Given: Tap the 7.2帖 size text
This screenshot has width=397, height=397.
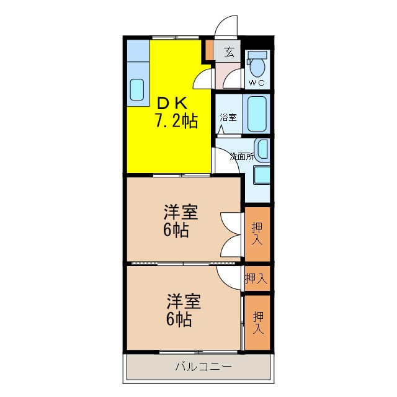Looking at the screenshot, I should click(176, 121).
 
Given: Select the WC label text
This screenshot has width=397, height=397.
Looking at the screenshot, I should click(256, 83).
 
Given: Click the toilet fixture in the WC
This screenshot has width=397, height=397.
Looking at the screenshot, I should click(256, 64).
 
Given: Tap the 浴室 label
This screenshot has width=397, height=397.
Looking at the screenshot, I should click(228, 117).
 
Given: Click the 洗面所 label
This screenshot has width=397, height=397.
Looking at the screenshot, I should click(242, 156).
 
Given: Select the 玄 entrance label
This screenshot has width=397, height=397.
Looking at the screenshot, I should click(229, 52).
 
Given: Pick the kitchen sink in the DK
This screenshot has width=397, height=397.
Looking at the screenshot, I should click(136, 90).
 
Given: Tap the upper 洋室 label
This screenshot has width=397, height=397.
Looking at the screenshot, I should click(181, 213).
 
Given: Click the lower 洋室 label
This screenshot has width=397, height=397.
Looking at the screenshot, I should click(182, 302).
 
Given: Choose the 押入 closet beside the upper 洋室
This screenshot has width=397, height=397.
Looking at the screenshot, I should click(257, 233).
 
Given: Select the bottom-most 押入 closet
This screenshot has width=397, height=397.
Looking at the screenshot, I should click(257, 322).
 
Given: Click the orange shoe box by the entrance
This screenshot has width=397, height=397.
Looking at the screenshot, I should click(210, 49).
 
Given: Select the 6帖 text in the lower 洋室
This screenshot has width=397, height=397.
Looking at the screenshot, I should click(178, 320).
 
